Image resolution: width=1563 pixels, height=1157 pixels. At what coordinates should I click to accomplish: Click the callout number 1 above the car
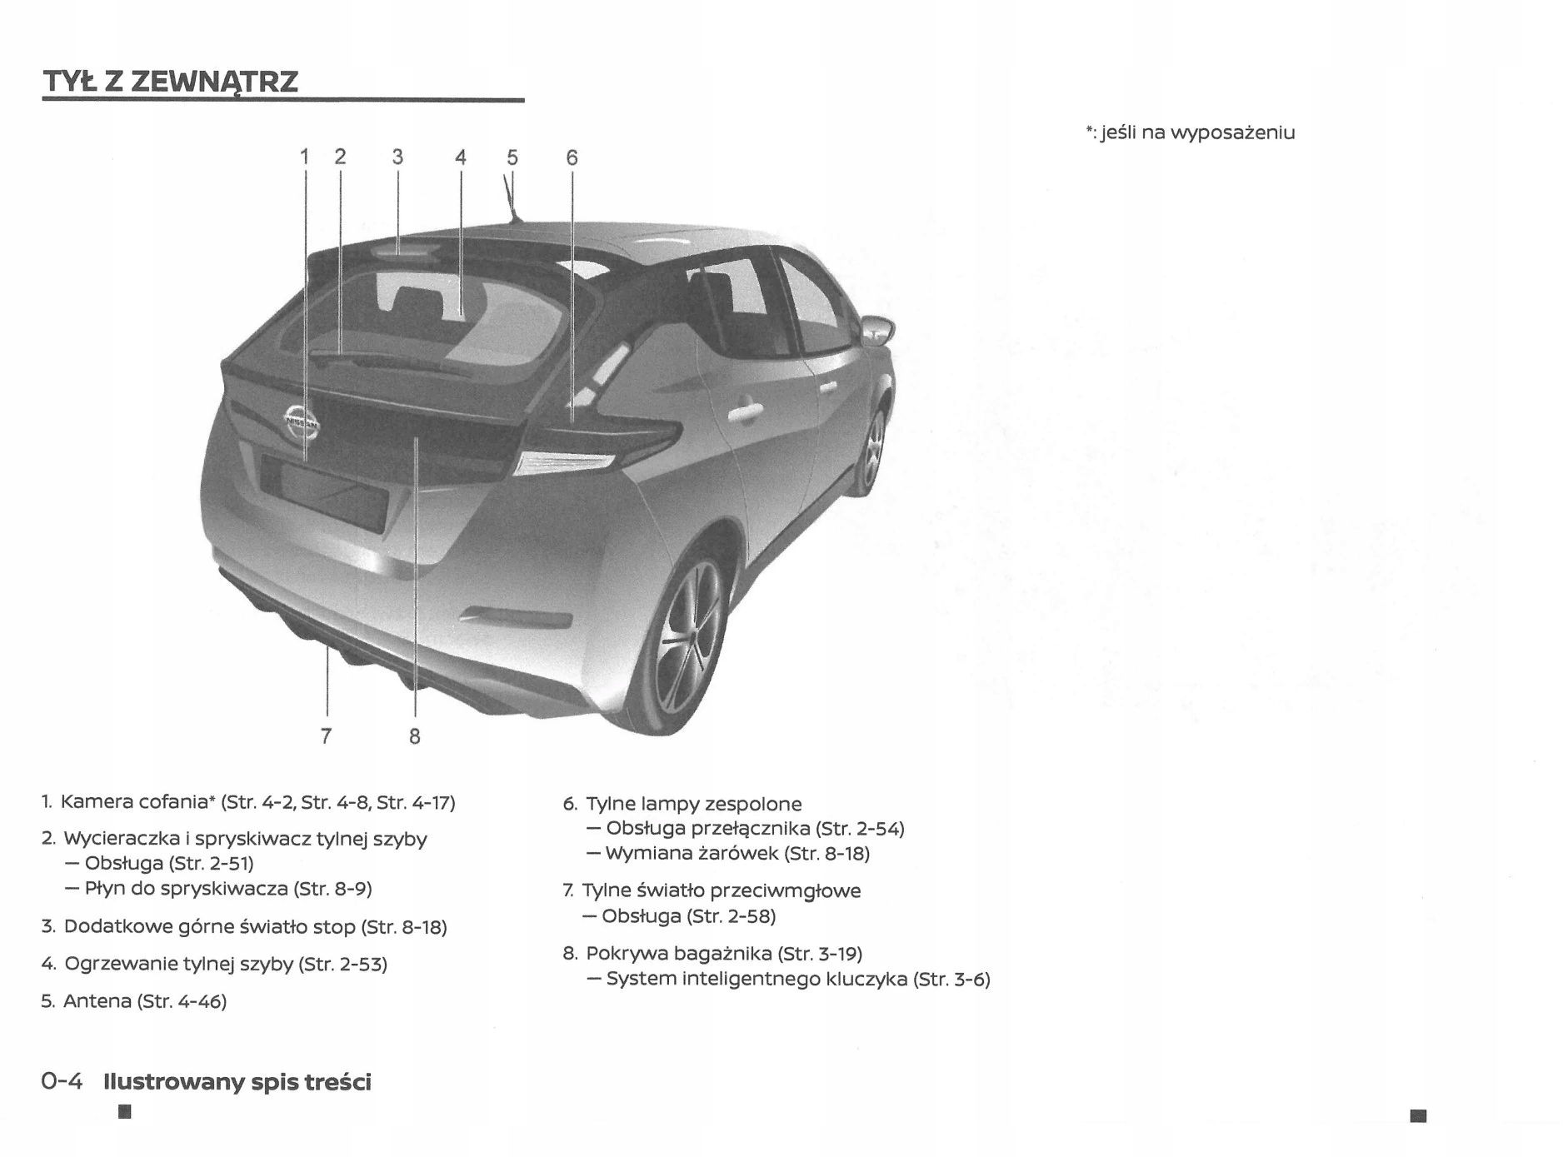pos(305,157)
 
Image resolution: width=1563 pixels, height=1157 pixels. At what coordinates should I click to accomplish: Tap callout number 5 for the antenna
pos(512,157)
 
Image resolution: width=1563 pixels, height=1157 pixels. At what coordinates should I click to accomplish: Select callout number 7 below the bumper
pos(326,736)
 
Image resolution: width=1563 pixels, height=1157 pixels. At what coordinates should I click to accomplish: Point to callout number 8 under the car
pos(414,736)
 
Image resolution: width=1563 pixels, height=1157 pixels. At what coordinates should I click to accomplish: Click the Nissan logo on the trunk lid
pos(301,422)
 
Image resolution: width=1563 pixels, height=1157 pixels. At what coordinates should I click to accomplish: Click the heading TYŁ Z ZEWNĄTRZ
pos(171,82)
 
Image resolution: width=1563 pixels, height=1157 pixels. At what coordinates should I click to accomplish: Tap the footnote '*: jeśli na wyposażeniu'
pos(1191,132)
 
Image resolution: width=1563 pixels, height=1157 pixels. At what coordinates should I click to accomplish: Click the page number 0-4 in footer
pos(62,1081)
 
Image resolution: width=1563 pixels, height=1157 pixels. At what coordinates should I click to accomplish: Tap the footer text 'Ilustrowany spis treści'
pos(237,1082)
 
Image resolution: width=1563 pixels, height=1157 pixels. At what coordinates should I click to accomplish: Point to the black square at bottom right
pos(1418,1115)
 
